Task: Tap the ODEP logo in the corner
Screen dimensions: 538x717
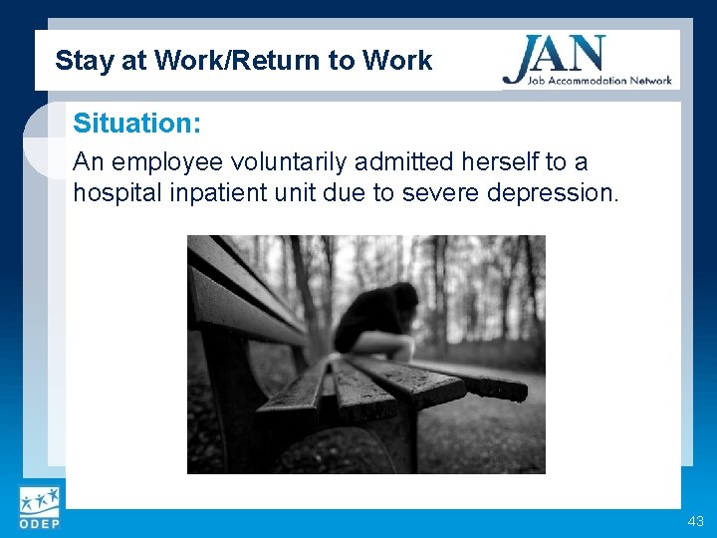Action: click(x=38, y=509)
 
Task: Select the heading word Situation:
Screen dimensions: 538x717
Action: click(x=136, y=125)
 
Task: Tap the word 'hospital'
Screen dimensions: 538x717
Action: click(x=113, y=191)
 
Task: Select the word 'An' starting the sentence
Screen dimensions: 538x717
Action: click(x=87, y=162)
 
